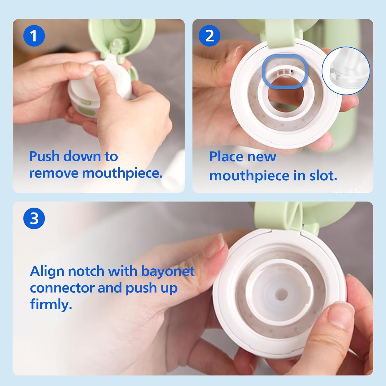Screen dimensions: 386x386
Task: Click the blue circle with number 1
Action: coord(34,36)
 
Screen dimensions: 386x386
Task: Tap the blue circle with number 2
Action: coord(209,36)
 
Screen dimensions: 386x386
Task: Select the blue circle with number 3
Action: coord(34,218)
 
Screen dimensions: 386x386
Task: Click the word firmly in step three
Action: coord(51,304)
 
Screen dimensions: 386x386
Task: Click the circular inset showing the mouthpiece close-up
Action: coord(346,71)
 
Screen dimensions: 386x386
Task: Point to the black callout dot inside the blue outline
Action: coord(292,71)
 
